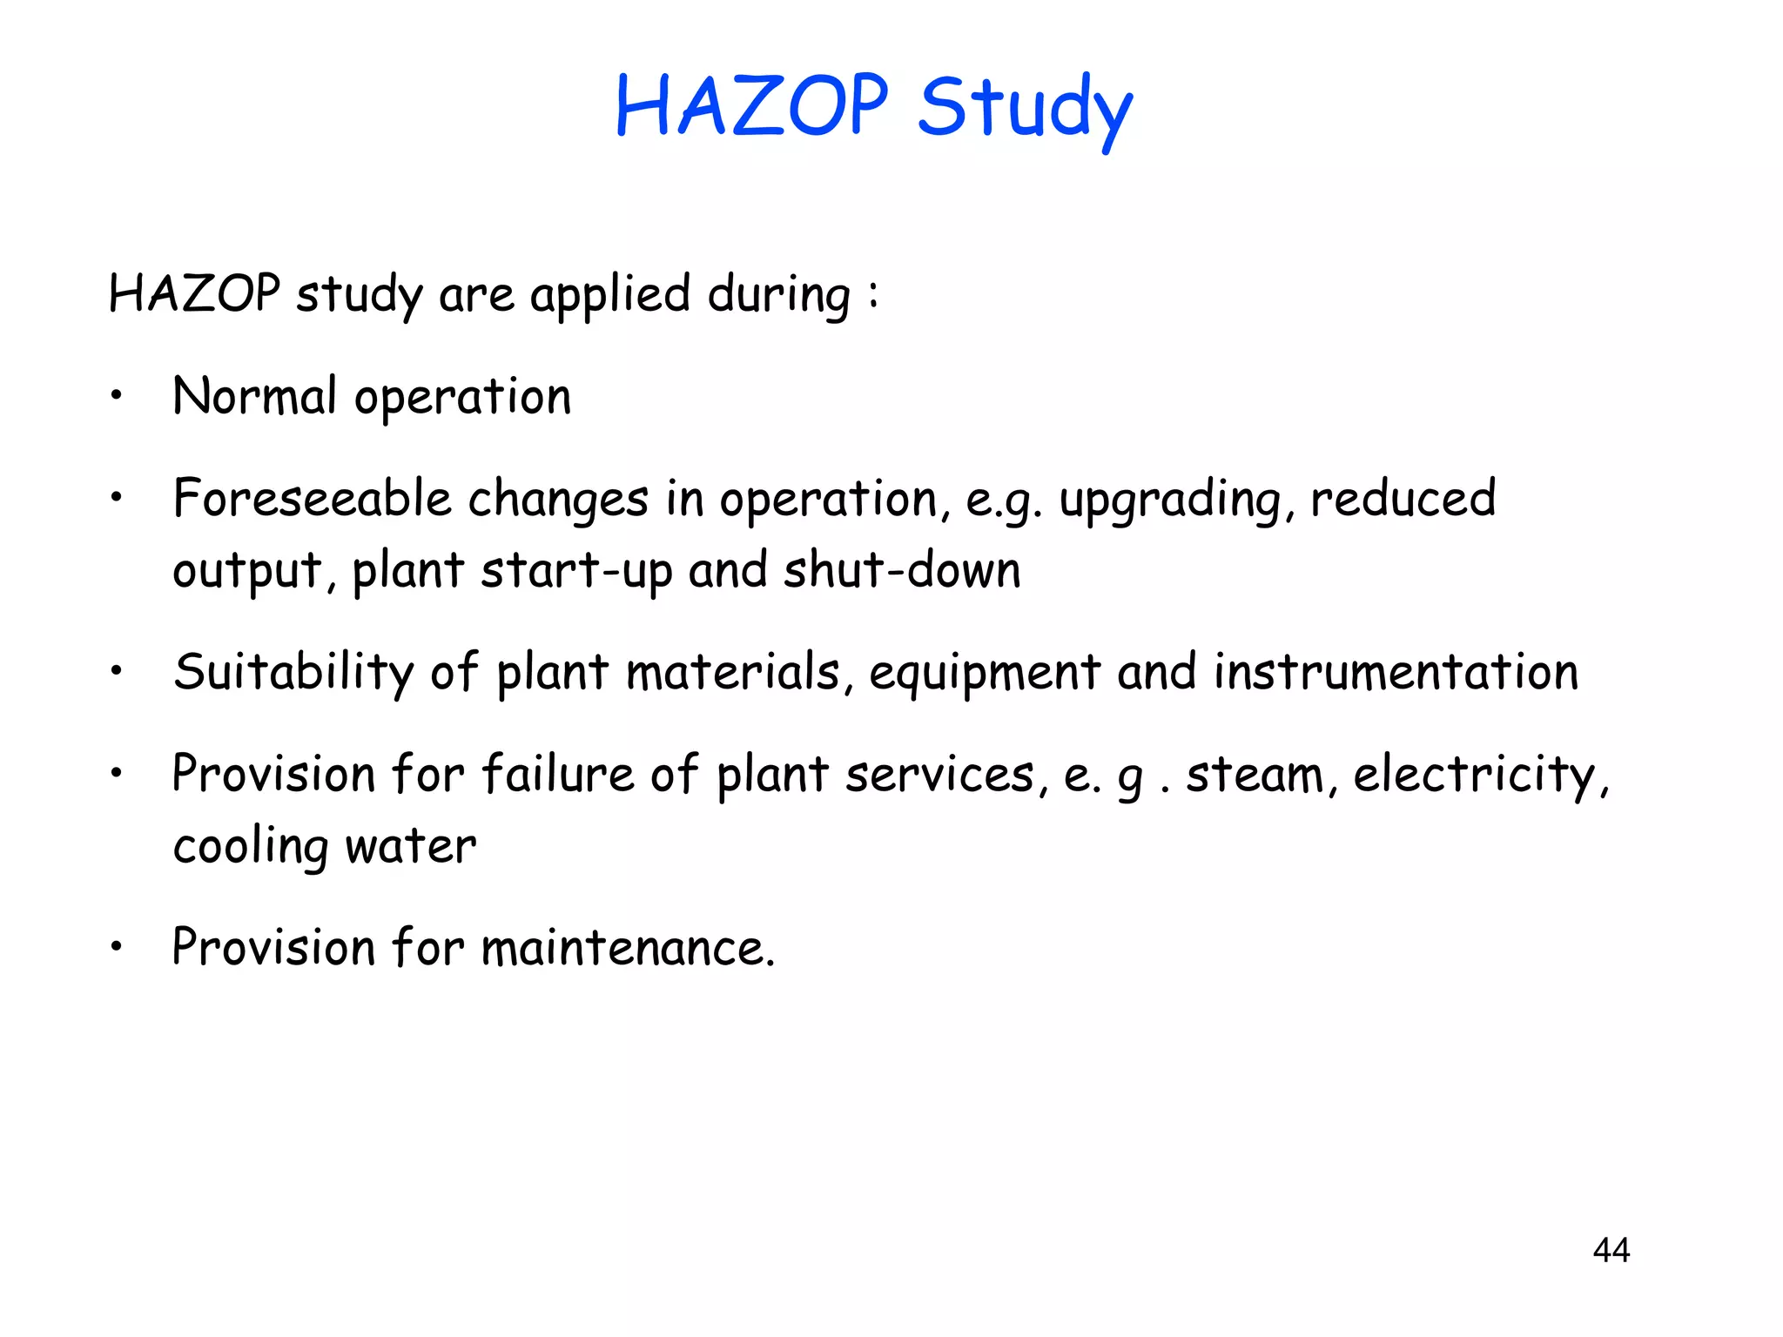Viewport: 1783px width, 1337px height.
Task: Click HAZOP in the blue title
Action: [751, 106]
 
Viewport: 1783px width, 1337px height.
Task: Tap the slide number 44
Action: [1611, 1250]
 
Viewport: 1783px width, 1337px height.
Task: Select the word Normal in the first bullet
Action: [254, 397]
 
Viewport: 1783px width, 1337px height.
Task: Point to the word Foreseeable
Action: [312, 499]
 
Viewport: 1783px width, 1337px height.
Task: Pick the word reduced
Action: [1403, 499]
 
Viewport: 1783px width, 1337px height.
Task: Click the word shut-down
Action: [902, 571]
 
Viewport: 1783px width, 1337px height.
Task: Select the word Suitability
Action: [293, 673]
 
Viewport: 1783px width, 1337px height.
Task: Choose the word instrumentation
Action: [1396, 673]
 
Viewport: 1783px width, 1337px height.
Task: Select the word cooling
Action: [251, 847]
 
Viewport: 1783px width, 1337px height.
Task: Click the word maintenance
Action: [628, 948]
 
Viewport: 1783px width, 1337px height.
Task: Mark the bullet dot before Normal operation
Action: [116, 397]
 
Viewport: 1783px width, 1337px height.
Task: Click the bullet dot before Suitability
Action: [116, 672]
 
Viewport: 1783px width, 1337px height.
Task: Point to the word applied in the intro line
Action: [610, 295]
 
